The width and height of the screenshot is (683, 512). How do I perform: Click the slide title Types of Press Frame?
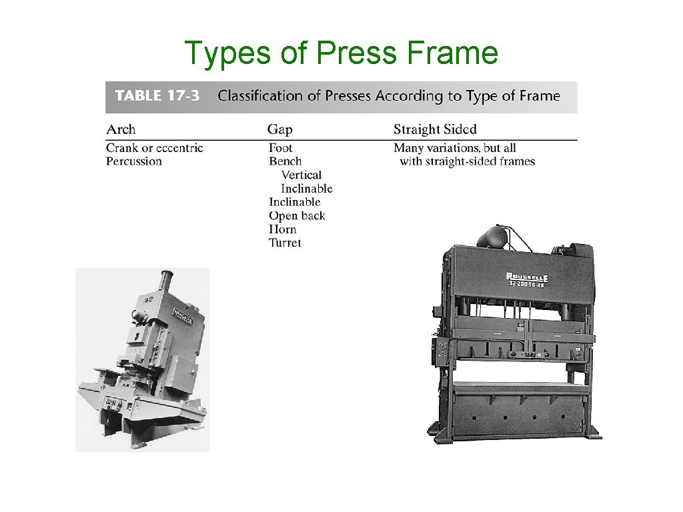pyautogui.click(x=341, y=53)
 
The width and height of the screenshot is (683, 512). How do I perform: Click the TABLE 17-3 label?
pyautogui.click(x=157, y=96)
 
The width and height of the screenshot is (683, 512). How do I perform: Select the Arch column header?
pyautogui.click(x=121, y=129)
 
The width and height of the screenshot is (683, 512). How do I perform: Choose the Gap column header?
pyautogui.click(x=280, y=129)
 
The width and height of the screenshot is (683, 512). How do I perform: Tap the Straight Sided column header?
pyautogui.click(x=435, y=129)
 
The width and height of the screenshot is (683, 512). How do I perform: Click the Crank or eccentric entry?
pyautogui.click(x=154, y=148)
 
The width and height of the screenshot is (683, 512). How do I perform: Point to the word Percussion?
pyautogui.click(x=133, y=161)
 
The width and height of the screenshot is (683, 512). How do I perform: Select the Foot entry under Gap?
pyautogui.click(x=280, y=148)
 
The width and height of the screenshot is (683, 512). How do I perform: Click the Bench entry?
pyautogui.click(x=285, y=161)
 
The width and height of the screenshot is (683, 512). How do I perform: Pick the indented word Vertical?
pyautogui.click(x=301, y=175)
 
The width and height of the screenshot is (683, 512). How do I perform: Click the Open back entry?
pyautogui.click(x=297, y=215)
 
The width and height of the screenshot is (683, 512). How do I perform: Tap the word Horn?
pyautogui.click(x=282, y=229)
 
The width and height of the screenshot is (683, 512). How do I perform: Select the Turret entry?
pyautogui.click(x=285, y=243)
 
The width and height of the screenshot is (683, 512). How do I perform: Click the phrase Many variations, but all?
pyautogui.click(x=454, y=148)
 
